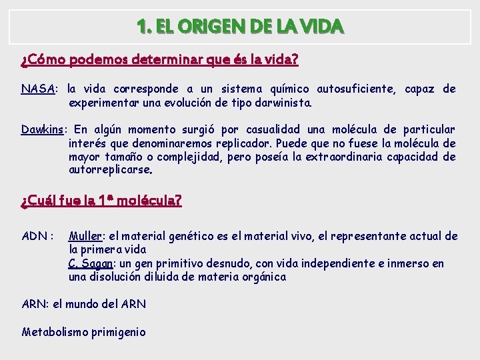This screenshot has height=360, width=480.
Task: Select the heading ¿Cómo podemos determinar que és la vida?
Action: coord(159,61)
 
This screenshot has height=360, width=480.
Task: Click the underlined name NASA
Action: coord(38,89)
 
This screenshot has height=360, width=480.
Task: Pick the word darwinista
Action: coord(281,103)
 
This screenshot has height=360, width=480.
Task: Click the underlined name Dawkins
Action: coord(45,129)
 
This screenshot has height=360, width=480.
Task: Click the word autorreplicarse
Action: coord(110,170)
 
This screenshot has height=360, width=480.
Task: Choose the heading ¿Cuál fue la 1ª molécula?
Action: coord(101,200)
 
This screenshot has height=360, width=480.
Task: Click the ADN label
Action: coord(35,236)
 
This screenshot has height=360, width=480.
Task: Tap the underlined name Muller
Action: coord(85,236)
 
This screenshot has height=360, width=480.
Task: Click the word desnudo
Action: coord(234,263)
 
